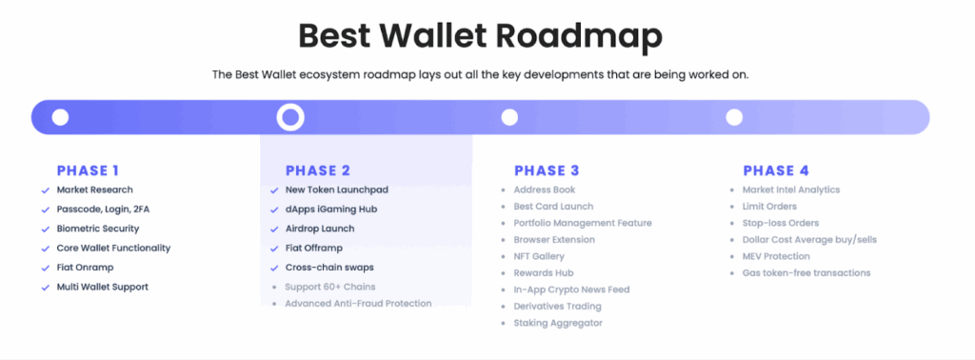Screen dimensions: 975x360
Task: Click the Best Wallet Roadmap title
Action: click(x=480, y=37)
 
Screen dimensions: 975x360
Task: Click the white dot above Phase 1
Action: click(x=60, y=117)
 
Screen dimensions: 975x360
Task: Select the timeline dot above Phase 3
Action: click(x=509, y=117)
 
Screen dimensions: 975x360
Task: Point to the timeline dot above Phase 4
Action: click(x=734, y=117)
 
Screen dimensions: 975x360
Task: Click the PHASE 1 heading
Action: click(x=88, y=170)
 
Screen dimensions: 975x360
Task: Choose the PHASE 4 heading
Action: click(x=776, y=170)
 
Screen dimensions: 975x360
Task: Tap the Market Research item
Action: click(x=94, y=190)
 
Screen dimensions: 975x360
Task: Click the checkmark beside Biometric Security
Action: click(x=45, y=230)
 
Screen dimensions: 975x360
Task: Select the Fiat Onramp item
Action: click(x=85, y=268)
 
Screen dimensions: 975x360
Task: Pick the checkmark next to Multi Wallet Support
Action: click(x=45, y=288)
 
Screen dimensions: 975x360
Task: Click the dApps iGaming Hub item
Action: click(x=331, y=209)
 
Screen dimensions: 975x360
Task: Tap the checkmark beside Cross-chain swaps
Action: click(x=274, y=269)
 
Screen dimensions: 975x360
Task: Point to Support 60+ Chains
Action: click(x=330, y=287)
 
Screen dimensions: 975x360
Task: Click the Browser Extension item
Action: click(x=554, y=239)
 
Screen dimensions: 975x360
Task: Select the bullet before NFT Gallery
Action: click(x=503, y=257)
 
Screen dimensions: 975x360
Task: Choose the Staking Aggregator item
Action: click(x=558, y=323)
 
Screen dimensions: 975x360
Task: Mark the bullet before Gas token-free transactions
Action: click(x=731, y=273)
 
